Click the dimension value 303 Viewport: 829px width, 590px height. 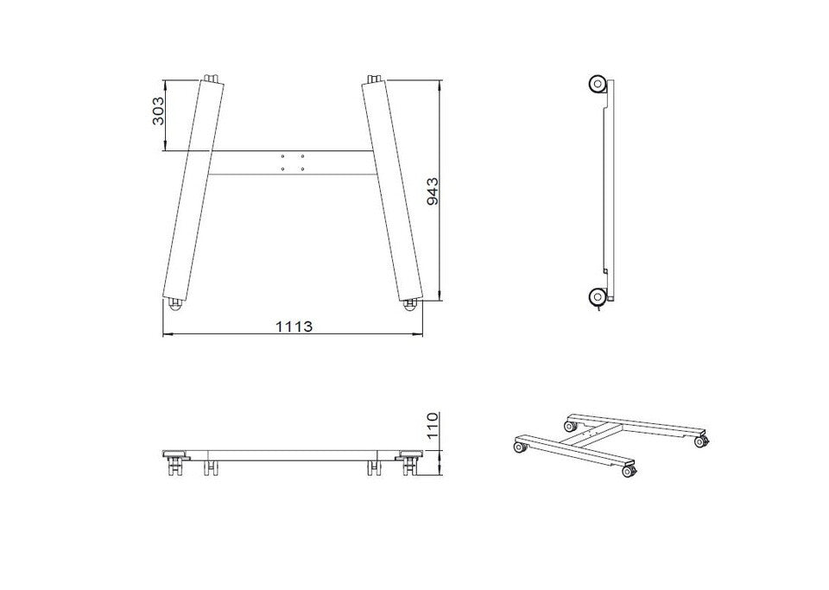pos(158,111)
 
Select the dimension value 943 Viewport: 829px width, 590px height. pos(432,192)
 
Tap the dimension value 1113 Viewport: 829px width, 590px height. pos(294,327)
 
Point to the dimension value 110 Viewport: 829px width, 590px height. pos(433,426)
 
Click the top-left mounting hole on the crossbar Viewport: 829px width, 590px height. pos(283,156)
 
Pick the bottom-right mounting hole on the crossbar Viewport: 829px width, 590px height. pos(302,168)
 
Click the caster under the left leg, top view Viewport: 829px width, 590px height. pos(174,305)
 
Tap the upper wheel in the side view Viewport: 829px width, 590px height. pos(598,85)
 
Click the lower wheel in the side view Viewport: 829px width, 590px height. pos(598,296)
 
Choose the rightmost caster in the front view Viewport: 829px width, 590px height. pos(410,463)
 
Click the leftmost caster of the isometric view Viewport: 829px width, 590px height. pos(519,447)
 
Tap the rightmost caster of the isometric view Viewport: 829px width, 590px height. pos(701,441)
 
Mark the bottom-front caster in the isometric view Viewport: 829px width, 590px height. pos(630,472)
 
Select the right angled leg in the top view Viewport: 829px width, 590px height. pos(392,190)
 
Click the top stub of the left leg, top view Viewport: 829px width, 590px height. pos(212,79)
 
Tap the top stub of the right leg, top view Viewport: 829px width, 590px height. pos(374,79)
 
